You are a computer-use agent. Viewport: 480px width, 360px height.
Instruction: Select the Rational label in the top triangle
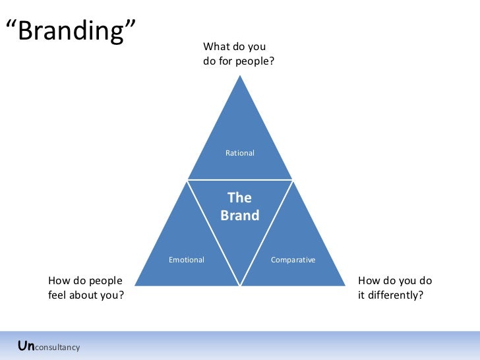pos(240,153)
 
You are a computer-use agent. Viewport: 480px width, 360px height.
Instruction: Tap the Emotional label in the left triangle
pos(187,260)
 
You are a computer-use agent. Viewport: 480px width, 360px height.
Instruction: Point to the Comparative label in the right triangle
pos(293,260)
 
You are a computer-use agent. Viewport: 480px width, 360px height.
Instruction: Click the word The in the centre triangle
pos(239,198)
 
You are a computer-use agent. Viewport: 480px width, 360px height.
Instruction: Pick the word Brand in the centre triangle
pos(239,216)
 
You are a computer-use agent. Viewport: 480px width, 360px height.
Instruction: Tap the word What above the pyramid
pos(216,47)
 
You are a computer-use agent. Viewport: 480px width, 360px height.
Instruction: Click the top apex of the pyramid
pos(240,75)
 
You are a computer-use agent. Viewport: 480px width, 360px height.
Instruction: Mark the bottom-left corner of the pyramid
pos(135,285)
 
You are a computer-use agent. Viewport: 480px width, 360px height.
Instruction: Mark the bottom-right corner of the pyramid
pos(345,285)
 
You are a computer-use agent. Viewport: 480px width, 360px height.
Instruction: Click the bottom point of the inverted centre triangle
pos(240,285)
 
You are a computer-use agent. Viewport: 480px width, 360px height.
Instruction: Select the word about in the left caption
pos(84,295)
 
